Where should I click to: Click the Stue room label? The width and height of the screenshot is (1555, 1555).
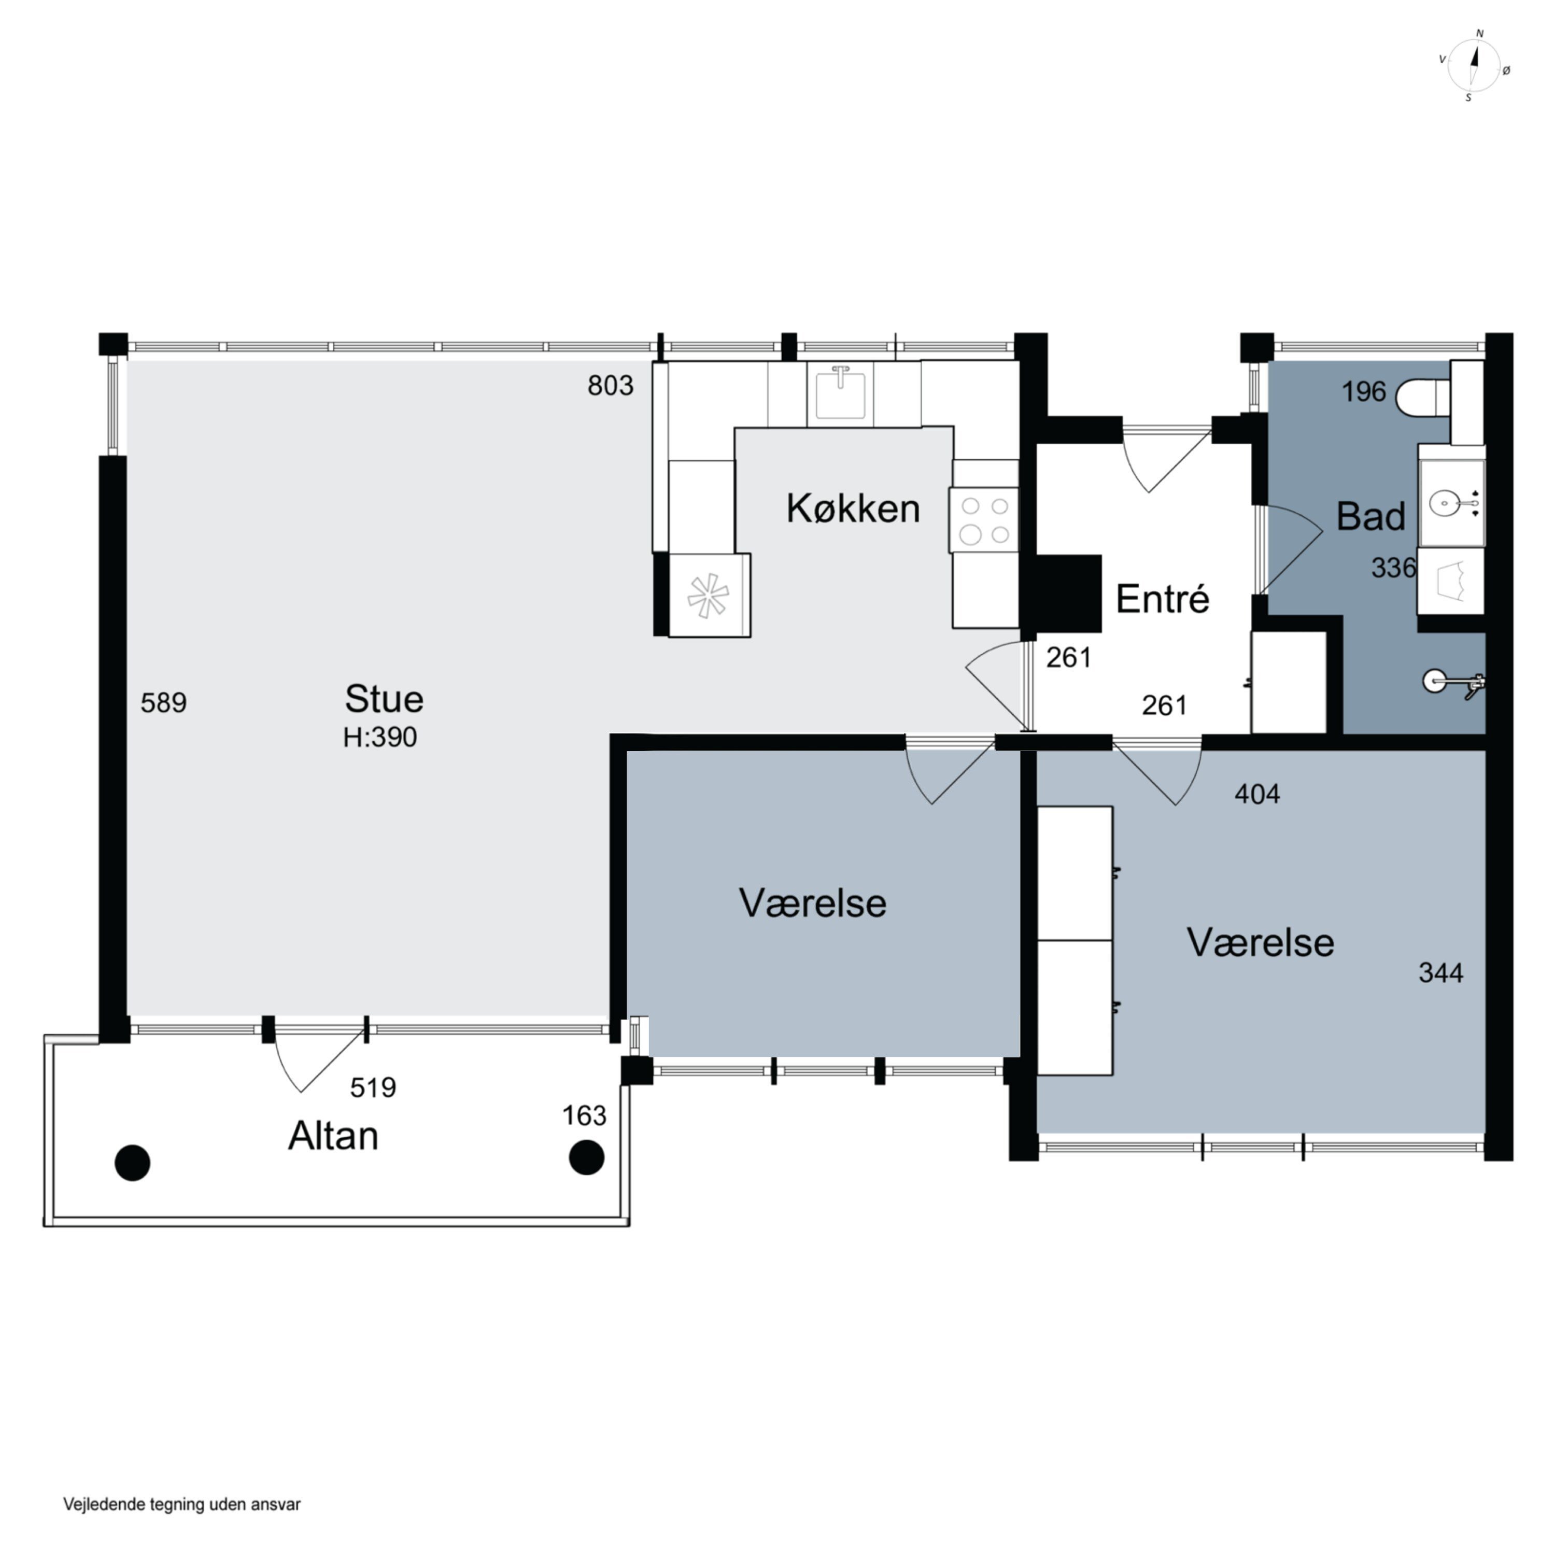pos(384,699)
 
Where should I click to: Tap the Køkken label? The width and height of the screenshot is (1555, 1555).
pos(853,508)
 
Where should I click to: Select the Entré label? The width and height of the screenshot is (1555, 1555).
pos(1162,599)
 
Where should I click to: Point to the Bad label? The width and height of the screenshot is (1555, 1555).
pos(1370,516)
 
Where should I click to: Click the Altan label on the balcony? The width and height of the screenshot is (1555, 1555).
pos(333,1136)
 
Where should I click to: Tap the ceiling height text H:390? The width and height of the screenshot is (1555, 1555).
pos(380,737)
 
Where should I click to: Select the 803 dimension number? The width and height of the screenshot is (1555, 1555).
pos(610,386)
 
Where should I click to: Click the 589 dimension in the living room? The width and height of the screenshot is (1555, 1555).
pos(163,703)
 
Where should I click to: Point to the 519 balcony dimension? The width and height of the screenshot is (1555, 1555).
pos(373,1087)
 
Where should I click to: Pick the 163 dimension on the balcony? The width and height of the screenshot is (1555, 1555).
pos(584,1115)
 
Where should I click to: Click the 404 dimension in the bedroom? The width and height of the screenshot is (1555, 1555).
pos(1257,795)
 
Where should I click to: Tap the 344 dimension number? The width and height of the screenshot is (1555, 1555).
pos(1441,973)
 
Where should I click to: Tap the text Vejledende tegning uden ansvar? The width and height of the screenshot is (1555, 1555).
pos(182,1504)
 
